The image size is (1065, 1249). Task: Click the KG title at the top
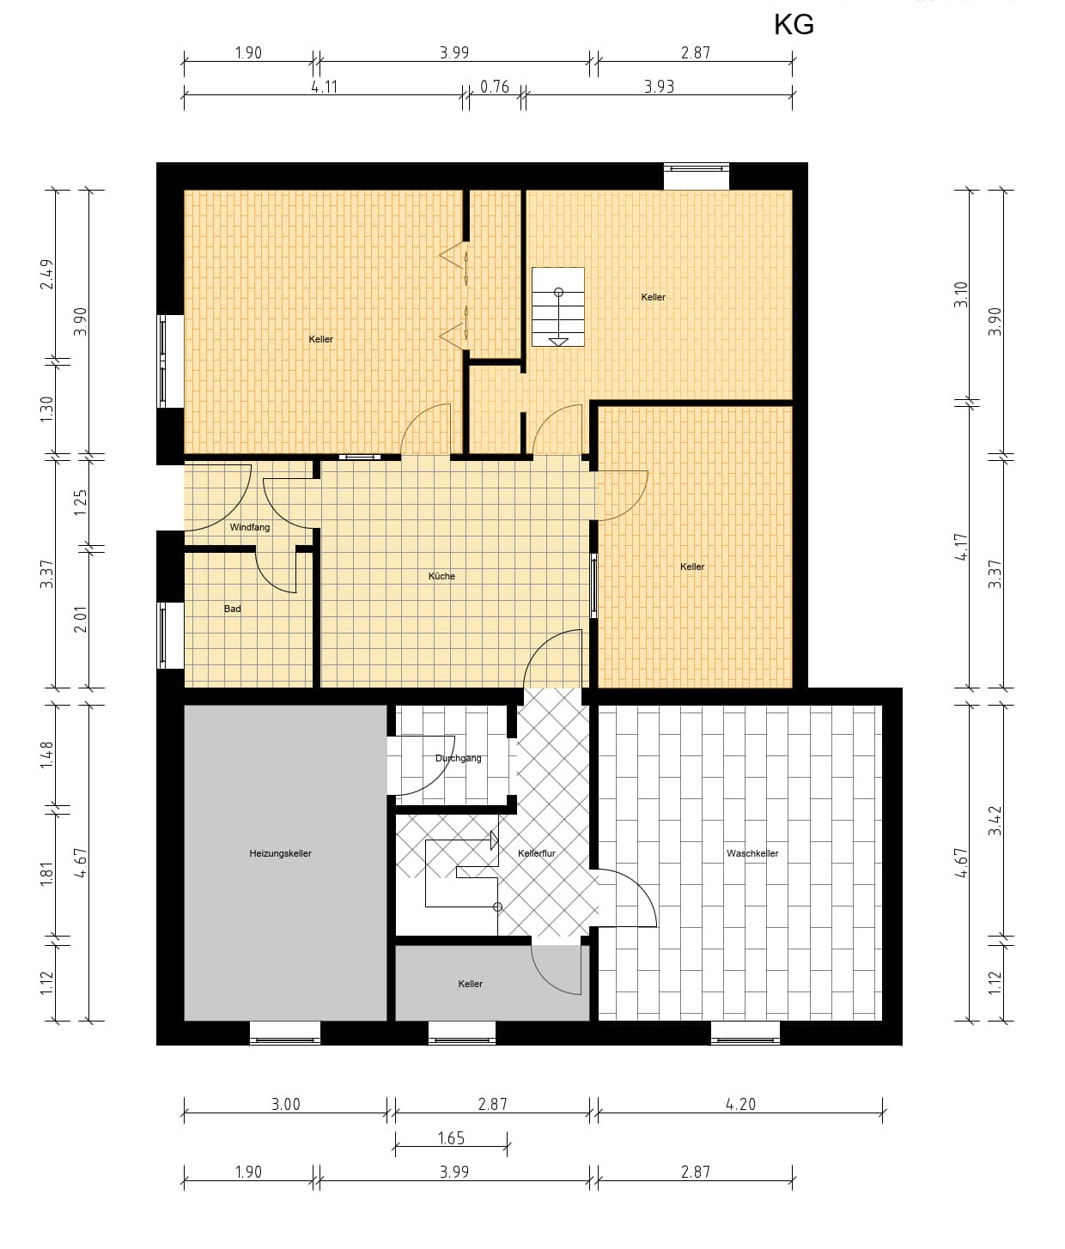click(794, 25)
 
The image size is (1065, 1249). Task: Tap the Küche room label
click(441, 577)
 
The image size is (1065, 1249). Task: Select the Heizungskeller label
click(281, 854)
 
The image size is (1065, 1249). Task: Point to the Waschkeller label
click(752, 854)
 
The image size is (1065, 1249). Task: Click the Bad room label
click(232, 609)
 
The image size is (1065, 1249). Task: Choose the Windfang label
click(250, 528)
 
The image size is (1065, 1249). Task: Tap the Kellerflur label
click(537, 854)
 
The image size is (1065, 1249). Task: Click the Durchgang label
click(458, 758)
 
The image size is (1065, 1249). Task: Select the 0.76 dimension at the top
click(495, 87)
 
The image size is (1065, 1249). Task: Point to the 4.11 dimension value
click(324, 87)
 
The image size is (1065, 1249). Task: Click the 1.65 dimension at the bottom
click(451, 1139)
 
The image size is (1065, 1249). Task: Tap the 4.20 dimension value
click(740, 1105)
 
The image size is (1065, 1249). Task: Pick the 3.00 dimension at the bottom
click(285, 1105)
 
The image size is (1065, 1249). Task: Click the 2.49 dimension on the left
click(47, 275)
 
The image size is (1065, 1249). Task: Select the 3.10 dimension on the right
click(961, 295)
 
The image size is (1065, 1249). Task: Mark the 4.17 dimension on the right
click(961, 547)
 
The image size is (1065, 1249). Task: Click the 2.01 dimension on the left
click(81, 620)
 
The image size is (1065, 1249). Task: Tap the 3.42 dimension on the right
click(995, 821)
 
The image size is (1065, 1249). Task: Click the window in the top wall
click(697, 168)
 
